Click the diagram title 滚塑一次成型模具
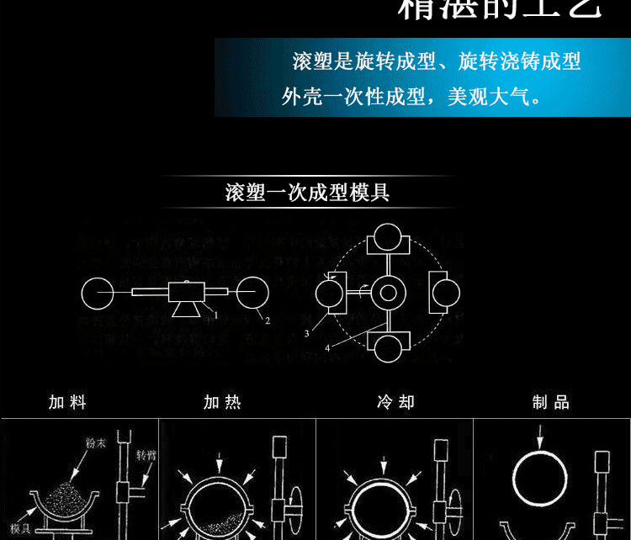point(307,193)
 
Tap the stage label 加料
point(67,402)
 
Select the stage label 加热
point(222,402)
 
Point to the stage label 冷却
point(395,402)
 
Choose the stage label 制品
point(551,402)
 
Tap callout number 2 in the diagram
point(267,321)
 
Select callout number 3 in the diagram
point(307,333)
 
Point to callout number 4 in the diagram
point(328,346)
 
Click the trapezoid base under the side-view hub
point(186,310)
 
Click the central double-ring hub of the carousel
point(388,293)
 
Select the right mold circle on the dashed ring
point(445,293)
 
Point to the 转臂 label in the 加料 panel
point(146,454)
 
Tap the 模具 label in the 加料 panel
point(20,528)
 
